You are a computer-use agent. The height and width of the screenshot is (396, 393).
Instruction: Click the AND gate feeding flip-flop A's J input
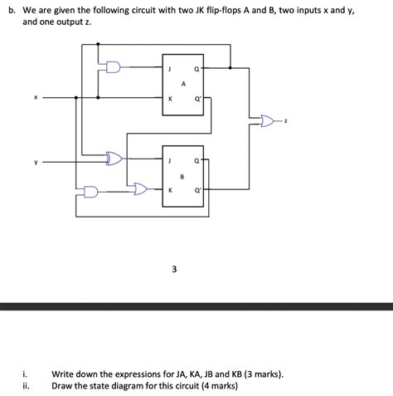coord(112,66)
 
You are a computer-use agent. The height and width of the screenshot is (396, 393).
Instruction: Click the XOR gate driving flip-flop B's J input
coord(114,157)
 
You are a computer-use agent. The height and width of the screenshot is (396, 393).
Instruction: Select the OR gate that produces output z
coord(267,122)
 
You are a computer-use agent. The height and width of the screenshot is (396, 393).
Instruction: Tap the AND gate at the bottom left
coord(90,192)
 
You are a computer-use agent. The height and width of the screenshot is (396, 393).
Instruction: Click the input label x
coord(36,96)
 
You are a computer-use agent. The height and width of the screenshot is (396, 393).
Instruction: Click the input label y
coord(36,162)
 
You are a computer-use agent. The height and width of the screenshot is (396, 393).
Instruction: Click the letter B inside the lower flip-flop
coord(182,176)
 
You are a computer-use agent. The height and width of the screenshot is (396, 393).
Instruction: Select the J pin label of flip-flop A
coord(170,70)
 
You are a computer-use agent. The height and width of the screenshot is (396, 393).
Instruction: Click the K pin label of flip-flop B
coord(170,190)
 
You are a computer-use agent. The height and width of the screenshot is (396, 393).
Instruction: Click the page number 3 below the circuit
coord(173,269)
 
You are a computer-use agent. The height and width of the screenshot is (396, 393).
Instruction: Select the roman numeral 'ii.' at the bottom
coord(27,386)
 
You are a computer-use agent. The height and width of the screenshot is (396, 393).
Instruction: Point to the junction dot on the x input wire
coord(76,97)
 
